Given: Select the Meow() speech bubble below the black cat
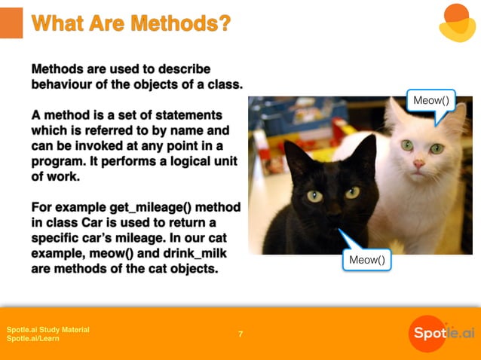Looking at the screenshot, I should point(366,260).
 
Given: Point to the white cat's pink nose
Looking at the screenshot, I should point(418,163).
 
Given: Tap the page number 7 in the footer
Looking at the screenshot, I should point(240,334).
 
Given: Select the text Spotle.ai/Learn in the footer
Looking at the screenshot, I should point(33,339).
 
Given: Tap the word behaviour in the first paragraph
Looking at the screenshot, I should point(64,84).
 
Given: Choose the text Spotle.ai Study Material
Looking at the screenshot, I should point(48,330).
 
